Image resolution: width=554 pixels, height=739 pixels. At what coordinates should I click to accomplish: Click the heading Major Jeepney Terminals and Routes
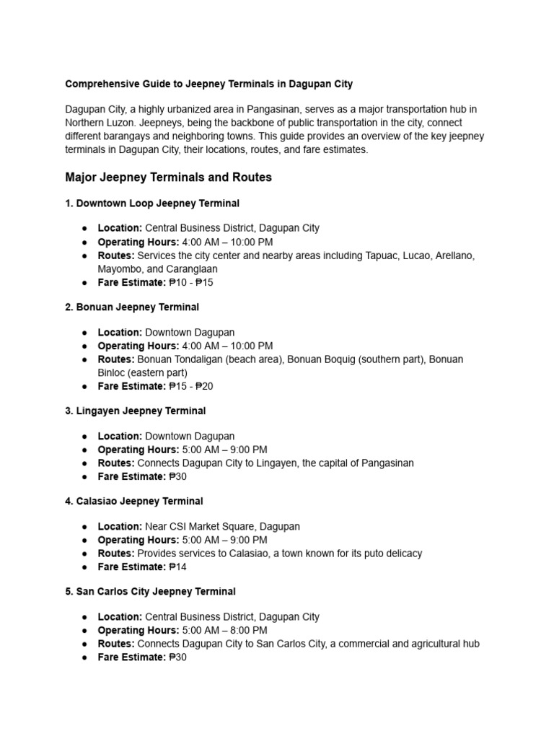(x=168, y=177)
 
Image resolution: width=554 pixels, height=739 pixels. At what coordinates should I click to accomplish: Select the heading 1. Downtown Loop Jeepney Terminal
(x=152, y=204)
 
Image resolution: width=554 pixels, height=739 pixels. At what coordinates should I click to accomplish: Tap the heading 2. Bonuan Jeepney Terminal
(x=132, y=307)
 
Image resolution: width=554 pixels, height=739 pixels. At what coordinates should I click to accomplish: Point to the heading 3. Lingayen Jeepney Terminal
(x=135, y=411)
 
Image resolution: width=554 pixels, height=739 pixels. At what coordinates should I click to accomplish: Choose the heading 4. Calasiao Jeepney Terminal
(x=135, y=501)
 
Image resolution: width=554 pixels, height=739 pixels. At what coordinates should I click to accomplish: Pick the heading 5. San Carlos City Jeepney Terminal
(x=150, y=591)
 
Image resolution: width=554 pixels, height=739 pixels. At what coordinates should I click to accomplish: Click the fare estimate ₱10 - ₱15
(x=190, y=282)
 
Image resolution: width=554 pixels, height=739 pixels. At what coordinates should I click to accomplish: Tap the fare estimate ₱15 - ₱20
(x=190, y=386)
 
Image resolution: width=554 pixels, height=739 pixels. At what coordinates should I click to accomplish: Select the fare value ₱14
(x=177, y=567)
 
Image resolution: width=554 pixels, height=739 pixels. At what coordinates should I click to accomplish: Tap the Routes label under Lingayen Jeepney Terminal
(x=116, y=463)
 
